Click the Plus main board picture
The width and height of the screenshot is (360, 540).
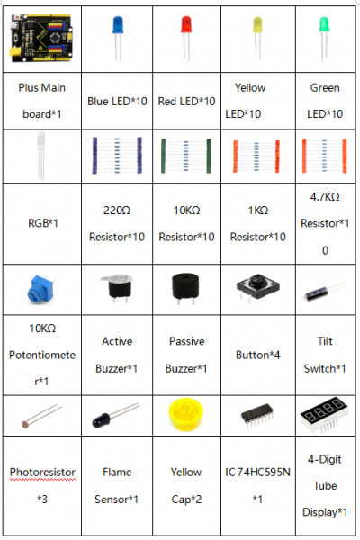click(41, 38)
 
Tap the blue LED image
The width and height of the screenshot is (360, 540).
click(118, 38)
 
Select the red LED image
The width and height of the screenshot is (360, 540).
click(186, 38)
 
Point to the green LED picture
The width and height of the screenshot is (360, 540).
click(324, 39)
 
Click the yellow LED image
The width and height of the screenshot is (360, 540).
click(257, 37)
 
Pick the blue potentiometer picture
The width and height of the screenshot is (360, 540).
click(40, 289)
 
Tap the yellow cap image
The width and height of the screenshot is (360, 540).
click(186, 414)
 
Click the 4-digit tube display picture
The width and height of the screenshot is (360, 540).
click(324, 414)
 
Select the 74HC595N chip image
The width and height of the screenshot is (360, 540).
click(257, 416)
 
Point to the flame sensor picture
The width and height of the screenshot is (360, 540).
click(116, 415)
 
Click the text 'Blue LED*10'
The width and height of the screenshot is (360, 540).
click(117, 101)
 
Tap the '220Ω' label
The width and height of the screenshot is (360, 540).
click(117, 210)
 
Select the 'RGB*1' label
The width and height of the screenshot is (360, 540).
click(42, 223)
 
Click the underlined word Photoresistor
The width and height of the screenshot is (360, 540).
click(42, 472)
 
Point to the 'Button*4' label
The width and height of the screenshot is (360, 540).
click(257, 355)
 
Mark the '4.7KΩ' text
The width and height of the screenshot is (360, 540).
click(325, 196)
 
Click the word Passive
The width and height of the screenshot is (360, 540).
click(186, 341)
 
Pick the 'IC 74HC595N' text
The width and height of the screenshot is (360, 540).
click(257, 472)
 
